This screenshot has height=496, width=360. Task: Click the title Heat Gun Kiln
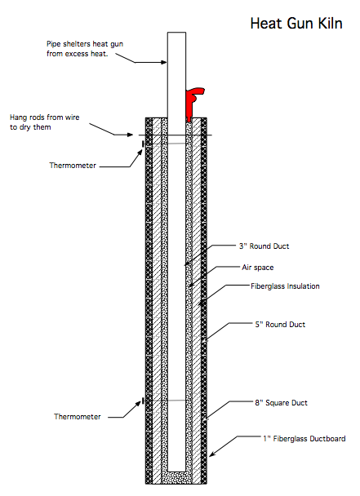[x=296, y=24]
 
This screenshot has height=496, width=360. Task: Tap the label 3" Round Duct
[x=264, y=246]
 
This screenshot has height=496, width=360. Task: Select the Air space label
[x=258, y=268]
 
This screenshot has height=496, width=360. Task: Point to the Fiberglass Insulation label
[x=285, y=286]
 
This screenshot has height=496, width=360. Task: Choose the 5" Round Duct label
[x=280, y=324]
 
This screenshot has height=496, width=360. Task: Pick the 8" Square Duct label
[x=281, y=403]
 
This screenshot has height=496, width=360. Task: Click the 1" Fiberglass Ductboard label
[x=304, y=439]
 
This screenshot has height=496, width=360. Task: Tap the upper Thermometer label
[x=73, y=166]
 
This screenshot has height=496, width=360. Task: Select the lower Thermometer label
[x=78, y=417]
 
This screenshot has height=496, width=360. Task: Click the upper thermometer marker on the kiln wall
[x=143, y=144]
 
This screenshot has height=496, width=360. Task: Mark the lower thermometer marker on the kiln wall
[x=143, y=401]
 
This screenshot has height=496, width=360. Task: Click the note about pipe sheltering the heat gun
[x=85, y=49]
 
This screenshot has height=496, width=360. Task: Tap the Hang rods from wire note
[x=44, y=122]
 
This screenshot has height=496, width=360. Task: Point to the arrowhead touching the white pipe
[x=164, y=62]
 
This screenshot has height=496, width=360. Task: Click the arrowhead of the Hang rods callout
[x=130, y=135]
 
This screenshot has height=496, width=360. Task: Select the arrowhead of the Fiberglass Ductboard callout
[x=211, y=454]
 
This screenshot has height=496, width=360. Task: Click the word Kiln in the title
[x=330, y=24]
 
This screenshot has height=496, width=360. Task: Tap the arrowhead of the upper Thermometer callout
[x=140, y=153]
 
